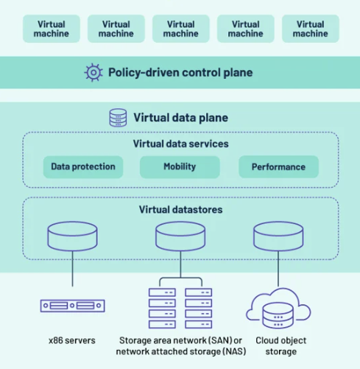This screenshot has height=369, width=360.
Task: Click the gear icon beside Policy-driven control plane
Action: [93, 72]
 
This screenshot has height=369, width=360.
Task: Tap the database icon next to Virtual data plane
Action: [118, 118]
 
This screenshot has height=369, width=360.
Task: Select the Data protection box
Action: [83, 166]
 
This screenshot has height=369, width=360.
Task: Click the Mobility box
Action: [180, 166]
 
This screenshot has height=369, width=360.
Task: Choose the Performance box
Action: [278, 166]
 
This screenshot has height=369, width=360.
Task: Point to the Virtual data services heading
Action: [181, 144]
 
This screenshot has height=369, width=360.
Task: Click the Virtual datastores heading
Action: [181, 209]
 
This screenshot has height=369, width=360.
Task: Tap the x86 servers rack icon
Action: [73, 306]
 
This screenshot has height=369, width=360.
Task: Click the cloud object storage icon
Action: [278, 309]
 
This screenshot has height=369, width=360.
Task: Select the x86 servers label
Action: [72, 340]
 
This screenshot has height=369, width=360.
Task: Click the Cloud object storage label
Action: [281, 346]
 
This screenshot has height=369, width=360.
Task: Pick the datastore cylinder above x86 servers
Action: [72, 236]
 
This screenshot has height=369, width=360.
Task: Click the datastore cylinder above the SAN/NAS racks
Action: [180, 236]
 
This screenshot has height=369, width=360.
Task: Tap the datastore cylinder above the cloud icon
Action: [278, 236]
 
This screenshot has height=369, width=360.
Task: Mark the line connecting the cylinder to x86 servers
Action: [72, 269]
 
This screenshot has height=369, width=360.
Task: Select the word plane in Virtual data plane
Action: [213, 118]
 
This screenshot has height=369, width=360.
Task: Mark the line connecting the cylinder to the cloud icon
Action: [278, 269]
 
